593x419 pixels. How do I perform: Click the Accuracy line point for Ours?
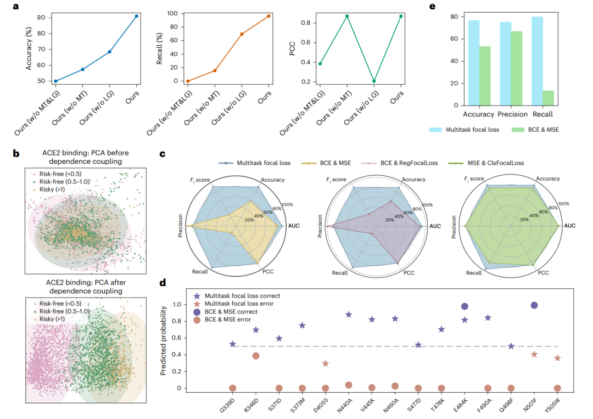coord(136,16)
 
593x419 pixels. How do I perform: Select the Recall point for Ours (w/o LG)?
coord(242,34)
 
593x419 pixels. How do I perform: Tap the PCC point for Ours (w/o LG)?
coord(374,81)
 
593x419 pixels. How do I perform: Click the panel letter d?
coord(163,283)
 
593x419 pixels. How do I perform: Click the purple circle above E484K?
coord(465,306)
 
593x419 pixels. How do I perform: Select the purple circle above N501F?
coord(534,305)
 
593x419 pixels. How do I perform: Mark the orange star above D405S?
coord(326,364)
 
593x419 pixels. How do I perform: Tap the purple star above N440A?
coord(349,315)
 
